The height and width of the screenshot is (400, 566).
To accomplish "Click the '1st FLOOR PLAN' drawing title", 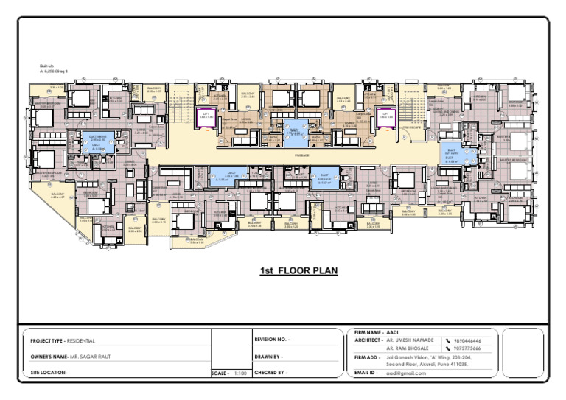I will [x=298, y=271].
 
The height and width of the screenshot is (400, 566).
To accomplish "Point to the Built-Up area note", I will [x=54, y=69].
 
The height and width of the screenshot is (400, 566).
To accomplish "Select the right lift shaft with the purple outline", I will [x=385, y=116].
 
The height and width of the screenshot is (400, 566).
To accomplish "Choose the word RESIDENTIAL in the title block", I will [x=81, y=341].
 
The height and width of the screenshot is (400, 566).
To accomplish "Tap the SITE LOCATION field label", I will [x=49, y=373].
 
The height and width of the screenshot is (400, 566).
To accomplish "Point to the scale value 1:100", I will [x=240, y=373].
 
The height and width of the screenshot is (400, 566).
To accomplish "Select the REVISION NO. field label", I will [x=272, y=340].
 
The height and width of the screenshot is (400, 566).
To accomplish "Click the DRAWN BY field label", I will [x=269, y=357].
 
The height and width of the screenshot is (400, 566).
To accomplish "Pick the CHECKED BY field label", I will [x=270, y=373].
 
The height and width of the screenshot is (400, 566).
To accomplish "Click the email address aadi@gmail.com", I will [x=406, y=373].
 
